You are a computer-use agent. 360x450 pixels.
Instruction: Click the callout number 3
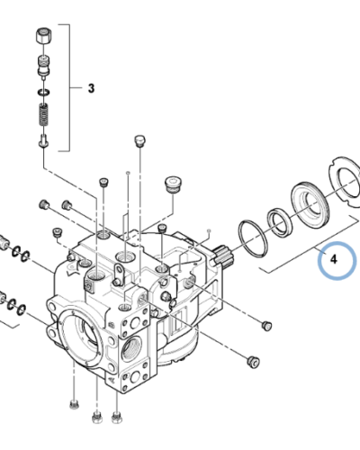91,88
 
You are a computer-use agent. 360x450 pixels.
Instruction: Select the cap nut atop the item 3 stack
42,38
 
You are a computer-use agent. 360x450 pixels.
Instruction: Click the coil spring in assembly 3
42,115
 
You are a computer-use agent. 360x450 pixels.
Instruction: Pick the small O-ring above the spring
42,93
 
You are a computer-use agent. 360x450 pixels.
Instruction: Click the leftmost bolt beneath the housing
72,404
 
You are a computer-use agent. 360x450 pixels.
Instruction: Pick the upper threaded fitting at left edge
6,243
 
